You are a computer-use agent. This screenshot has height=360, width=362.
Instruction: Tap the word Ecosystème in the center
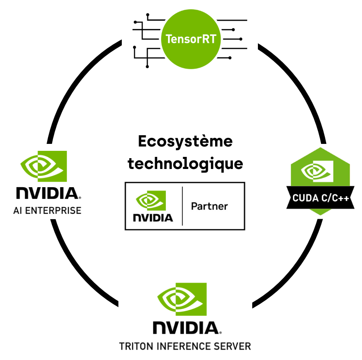(x=185, y=142)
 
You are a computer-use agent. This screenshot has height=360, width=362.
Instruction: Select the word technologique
(x=185, y=164)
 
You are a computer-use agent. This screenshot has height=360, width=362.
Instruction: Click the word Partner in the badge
(x=209, y=206)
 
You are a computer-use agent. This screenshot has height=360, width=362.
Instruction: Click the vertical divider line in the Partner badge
(x=182, y=206)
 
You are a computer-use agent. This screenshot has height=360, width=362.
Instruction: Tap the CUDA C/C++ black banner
(x=321, y=198)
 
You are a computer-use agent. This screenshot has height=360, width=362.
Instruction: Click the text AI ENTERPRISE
(x=47, y=211)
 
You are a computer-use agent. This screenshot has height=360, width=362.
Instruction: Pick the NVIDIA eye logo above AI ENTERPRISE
(x=44, y=166)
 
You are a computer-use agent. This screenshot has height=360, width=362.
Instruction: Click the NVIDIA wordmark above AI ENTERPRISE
(x=47, y=193)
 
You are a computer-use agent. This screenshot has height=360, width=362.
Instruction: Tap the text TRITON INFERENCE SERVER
(x=185, y=346)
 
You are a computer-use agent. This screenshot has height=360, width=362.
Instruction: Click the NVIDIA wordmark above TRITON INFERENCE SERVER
(x=185, y=328)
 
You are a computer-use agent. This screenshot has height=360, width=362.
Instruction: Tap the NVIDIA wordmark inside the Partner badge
(x=152, y=217)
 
